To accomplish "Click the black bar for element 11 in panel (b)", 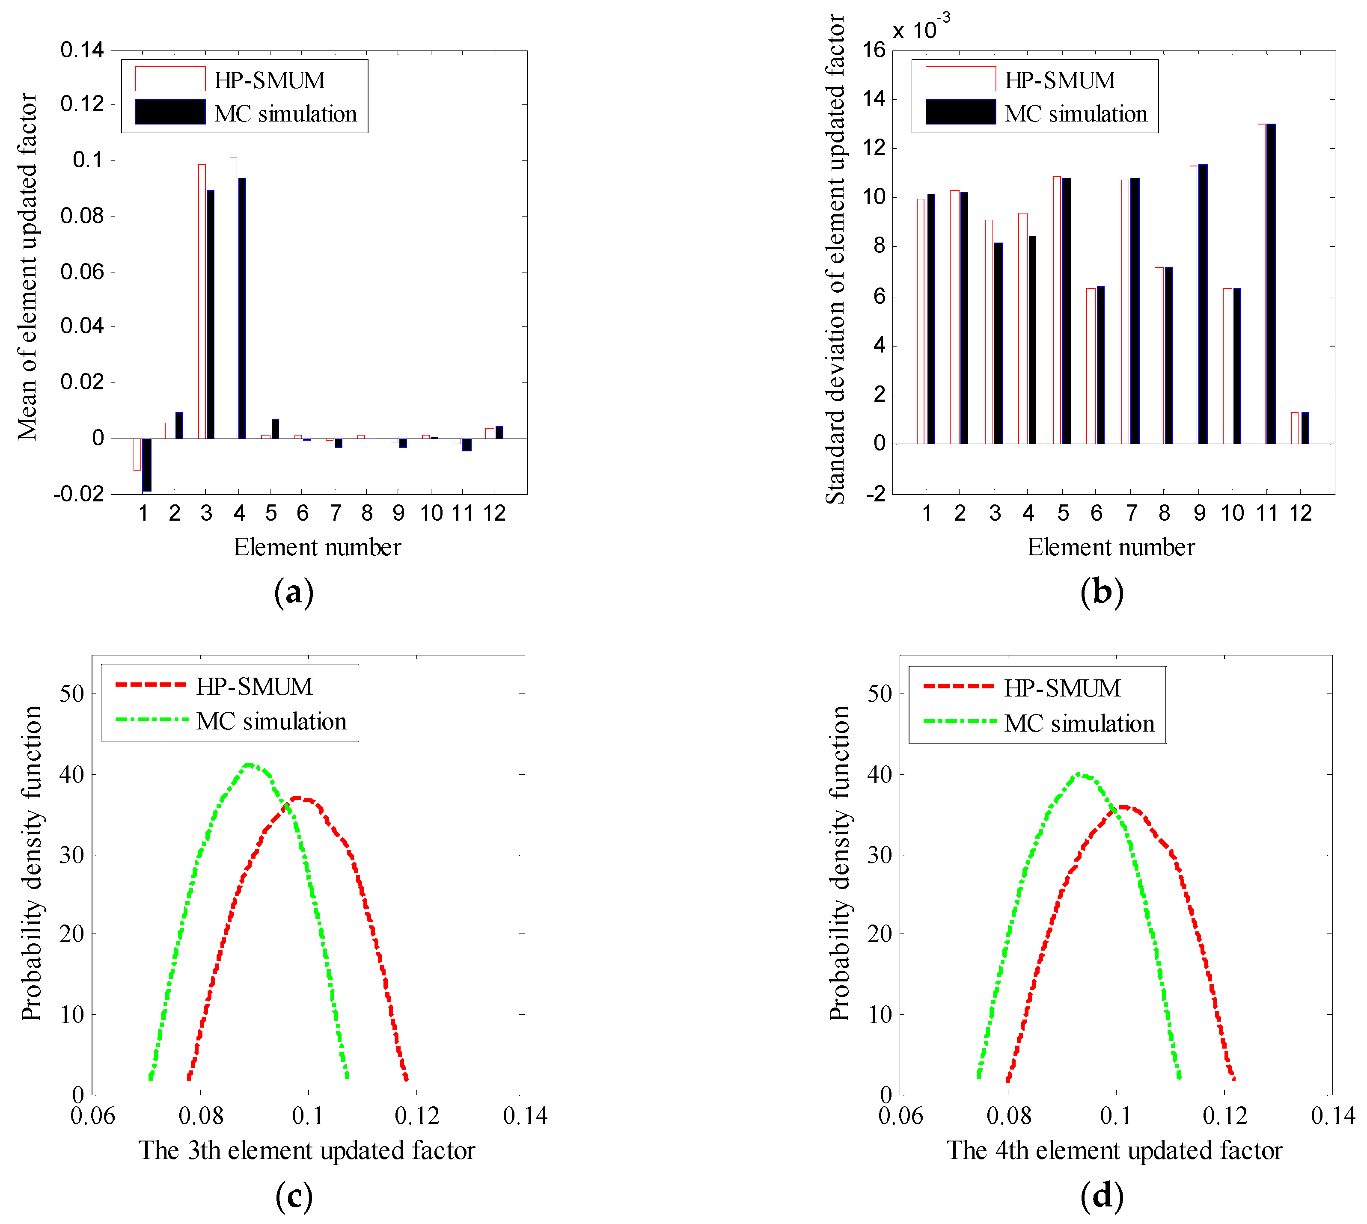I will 1271,282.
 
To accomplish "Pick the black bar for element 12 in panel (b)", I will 1305,428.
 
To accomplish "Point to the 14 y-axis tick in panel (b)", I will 874,99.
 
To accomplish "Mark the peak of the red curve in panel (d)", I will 1122,806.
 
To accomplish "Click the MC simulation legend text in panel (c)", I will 271,722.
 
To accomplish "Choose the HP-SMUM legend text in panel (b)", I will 1060,80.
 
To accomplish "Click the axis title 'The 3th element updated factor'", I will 307,1151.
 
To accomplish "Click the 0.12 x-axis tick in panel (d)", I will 1224,1116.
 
